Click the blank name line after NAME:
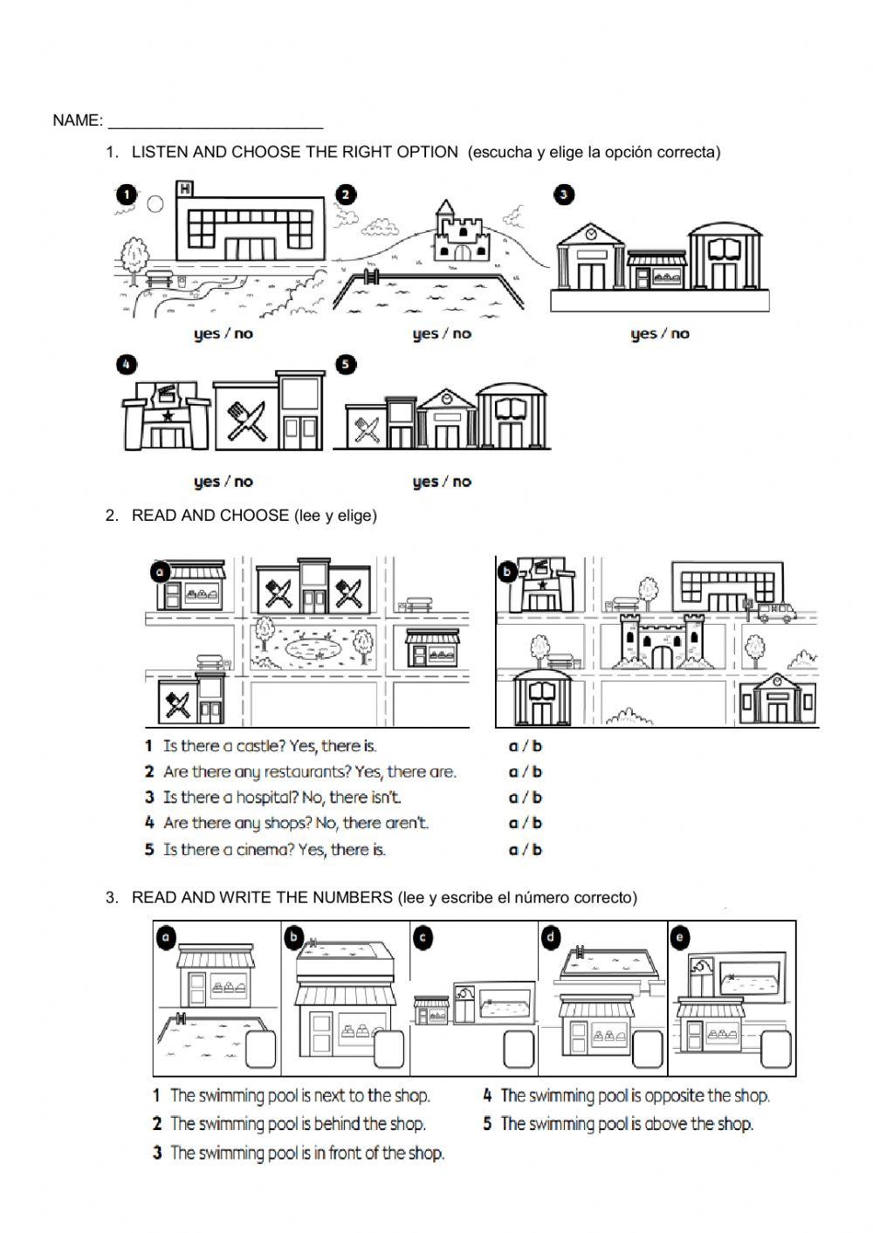click(216, 127)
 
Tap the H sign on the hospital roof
click(184, 188)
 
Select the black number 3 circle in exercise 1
click(563, 195)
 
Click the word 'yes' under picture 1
click(207, 334)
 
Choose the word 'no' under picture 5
click(462, 482)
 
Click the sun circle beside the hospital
click(155, 203)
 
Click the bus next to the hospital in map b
click(777, 612)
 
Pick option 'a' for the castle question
click(513, 747)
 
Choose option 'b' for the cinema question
click(537, 849)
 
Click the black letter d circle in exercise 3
click(551, 938)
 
